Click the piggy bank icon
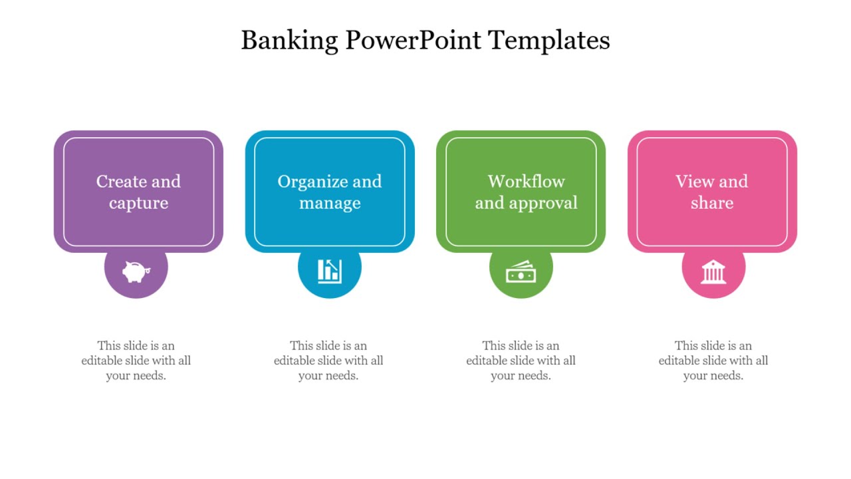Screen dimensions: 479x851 click(x=136, y=271)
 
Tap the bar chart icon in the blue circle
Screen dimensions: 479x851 click(x=329, y=270)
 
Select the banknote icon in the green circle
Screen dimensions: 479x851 click(x=521, y=271)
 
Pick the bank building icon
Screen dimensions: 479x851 click(x=713, y=271)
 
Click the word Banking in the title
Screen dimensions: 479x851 click(x=289, y=41)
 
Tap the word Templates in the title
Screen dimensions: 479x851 click(x=549, y=41)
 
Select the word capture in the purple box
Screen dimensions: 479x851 click(x=138, y=203)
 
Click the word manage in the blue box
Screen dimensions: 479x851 click(x=330, y=203)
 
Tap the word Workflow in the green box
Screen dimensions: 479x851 click(x=526, y=182)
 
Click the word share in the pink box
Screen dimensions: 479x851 click(x=711, y=203)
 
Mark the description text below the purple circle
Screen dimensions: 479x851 click(x=136, y=361)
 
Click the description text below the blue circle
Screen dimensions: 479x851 click(x=328, y=361)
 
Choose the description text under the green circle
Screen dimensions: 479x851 click(x=521, y=361)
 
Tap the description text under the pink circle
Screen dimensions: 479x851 click(x=713, y=361)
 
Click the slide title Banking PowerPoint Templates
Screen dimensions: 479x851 click(x=425, y=41)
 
